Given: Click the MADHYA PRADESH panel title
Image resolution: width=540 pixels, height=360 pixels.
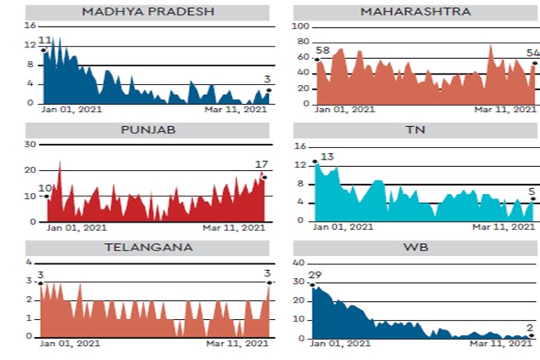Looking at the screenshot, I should pyautogui.click(x=146, y=12).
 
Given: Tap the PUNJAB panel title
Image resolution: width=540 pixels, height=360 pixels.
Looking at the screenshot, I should pyautogui.click(x=147, y=129).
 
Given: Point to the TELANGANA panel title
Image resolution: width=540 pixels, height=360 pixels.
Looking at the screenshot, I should pyautogui.click(x=147, y=246).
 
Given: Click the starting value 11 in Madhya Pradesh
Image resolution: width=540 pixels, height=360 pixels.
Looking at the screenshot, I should pyautogui.click(x=45, y=39).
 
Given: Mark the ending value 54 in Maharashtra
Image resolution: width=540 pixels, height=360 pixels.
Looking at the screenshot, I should pyautogui.click(x=533, y=52).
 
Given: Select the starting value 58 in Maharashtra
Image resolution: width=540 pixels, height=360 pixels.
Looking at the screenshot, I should pyautogui.click(x=322, y=51).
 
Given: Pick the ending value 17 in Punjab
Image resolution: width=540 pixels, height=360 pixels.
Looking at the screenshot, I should pyautogui.click(x=261, y=164).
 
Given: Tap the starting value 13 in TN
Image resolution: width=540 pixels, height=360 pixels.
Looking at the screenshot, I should pyautogui.click(x=327, y=156).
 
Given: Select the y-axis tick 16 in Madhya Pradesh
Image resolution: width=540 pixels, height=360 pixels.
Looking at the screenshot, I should pyautogui.click(x=30, y=26).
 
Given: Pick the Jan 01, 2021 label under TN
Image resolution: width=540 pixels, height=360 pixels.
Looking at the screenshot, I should pyautogui.click(x=344, y=227).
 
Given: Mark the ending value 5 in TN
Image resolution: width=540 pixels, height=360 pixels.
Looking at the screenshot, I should pyautogui.click(x=531, y=192).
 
